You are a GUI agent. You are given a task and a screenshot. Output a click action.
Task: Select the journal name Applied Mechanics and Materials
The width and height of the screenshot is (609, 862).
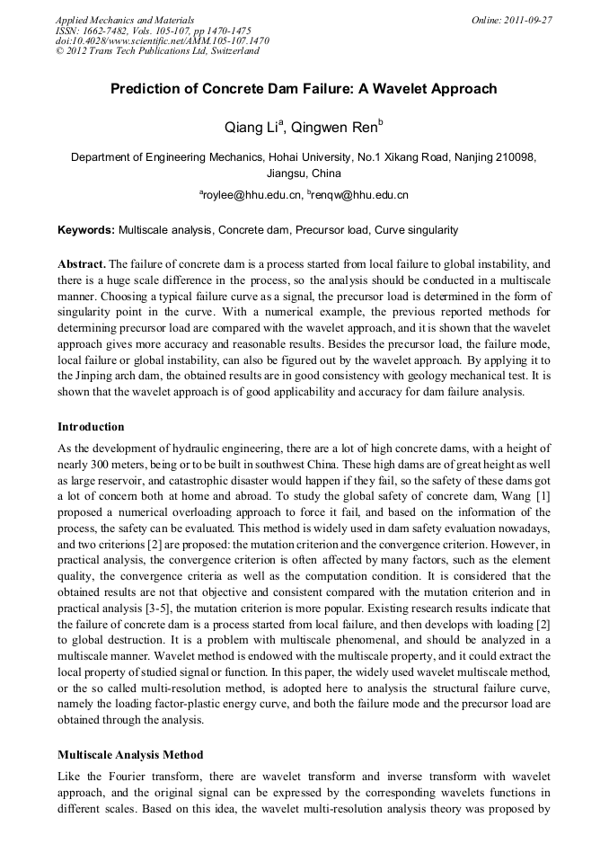point(125,19)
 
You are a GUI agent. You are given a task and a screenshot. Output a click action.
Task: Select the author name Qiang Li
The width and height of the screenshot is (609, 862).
point(253,129)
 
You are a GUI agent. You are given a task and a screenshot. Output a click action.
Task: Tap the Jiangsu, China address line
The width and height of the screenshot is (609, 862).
point(304,173)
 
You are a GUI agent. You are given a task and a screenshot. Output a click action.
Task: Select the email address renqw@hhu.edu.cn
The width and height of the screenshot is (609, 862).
point(360,194)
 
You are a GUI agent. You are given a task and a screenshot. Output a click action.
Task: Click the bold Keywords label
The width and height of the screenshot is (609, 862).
point(86,230)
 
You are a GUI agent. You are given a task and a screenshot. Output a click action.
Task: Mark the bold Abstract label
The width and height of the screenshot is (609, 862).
point(81,264)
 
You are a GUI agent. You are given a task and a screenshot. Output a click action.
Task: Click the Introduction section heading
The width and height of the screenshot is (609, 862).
point(91,426)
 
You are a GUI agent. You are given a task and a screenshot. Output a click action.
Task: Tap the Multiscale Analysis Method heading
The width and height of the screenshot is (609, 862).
point(130,754)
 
